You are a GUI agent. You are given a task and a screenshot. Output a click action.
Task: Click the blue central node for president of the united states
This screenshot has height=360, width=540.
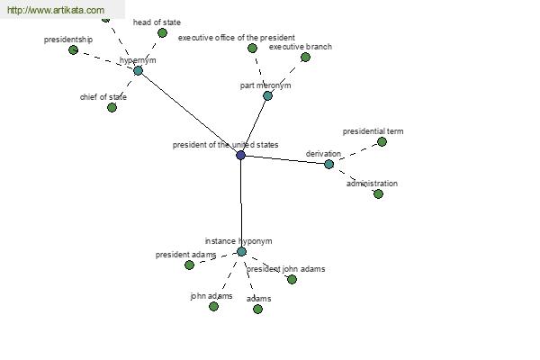(x=240, y=155)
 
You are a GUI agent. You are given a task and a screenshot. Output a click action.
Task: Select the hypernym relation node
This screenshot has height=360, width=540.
(x=138, y=70)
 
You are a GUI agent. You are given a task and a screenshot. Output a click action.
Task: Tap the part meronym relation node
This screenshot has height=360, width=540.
(x=267, y=95)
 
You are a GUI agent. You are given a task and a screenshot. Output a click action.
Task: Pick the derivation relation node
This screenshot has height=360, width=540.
(x=328, y=164)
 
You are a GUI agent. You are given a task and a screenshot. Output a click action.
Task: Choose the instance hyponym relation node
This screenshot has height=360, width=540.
(x=241, y=252)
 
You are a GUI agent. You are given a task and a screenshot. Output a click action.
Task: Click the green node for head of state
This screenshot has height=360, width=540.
(x=162, y=33)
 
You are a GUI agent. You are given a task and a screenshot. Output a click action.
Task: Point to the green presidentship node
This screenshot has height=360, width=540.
(x=73, y=50)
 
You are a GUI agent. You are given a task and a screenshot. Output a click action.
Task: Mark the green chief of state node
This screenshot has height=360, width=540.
(x=112, y=108)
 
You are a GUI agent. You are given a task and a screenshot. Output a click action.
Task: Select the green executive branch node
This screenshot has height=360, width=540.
(x=305, y=58)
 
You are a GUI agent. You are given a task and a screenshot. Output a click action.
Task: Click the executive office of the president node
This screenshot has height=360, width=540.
(x=252, y=49)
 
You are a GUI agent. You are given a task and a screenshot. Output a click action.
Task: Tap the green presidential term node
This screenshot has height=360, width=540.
(x=382, y=142)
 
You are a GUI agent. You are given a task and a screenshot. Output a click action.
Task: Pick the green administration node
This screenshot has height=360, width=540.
(x=378, y=194)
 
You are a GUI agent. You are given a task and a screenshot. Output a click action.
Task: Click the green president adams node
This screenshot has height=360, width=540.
(x=189, y=265)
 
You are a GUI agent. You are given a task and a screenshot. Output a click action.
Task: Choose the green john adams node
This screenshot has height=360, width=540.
(x=213, y=307)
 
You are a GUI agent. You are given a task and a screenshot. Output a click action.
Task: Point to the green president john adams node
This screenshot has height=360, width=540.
(x=292, y=280)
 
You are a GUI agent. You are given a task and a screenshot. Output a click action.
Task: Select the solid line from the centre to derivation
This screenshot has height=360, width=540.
(x=284, y=159)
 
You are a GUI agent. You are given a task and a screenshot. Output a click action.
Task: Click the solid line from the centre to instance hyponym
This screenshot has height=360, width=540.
(x=240, y=202)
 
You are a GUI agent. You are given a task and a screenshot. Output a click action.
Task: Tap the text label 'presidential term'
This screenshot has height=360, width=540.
(x=373, y=131)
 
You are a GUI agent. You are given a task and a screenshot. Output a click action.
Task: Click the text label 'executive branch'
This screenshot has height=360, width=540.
(x=301, y=46)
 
